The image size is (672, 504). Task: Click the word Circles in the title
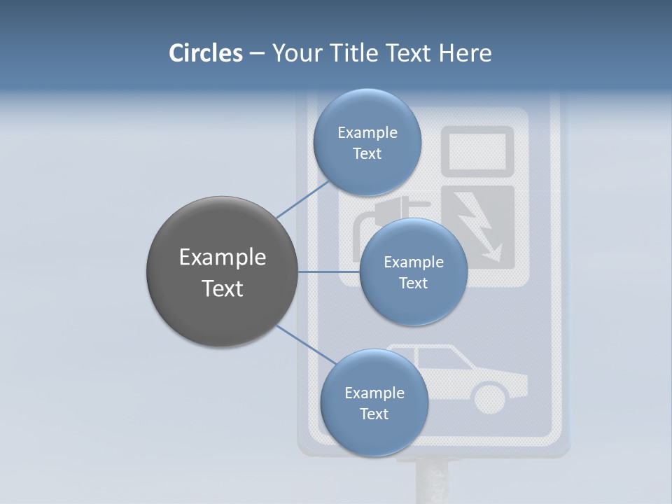(x=206, y=53)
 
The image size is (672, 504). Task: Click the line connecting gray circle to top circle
(x=303, y=199)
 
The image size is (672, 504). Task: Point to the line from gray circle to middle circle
(x=329, y=272)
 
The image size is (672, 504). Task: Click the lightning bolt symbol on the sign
(x=480, y=227)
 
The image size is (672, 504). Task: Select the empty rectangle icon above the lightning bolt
(x=478, y=150)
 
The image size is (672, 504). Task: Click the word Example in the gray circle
(x=223, y=258)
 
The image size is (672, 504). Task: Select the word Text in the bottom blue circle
(x=374, y=414)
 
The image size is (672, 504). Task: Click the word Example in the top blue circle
(x=367, y=132)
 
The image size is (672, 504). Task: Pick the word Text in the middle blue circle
(x=413, y=283)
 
